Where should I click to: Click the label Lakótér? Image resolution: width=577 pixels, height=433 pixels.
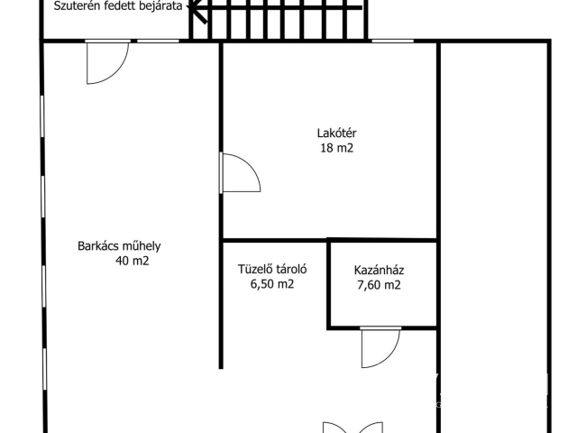[332, 134]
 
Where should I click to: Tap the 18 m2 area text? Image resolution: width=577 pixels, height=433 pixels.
[332, 149]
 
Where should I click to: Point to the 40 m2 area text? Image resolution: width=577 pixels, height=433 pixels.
[133, 262]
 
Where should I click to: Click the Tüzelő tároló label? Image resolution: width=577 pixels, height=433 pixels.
[273, 269]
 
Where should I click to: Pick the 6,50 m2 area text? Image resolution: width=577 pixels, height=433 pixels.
[272, 284]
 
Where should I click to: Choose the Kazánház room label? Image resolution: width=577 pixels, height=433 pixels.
[379, 269]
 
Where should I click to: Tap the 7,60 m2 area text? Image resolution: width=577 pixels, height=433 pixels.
[379, 285]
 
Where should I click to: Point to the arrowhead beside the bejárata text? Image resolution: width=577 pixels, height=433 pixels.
[191, 7]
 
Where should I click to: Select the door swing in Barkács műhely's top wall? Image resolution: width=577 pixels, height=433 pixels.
[106, 61]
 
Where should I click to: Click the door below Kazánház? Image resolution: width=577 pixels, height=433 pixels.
[380, 348]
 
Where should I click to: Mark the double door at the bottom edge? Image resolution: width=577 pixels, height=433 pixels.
[344, 426]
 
